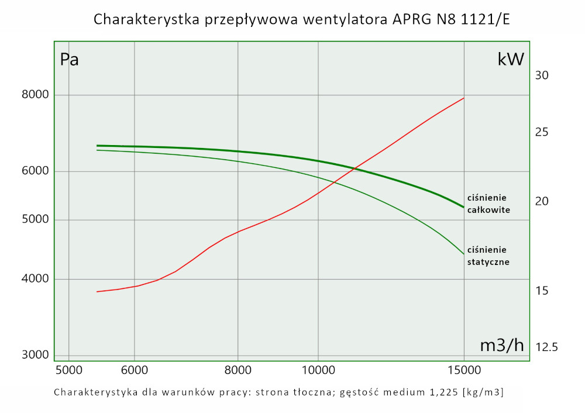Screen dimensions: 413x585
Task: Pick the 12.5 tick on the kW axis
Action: [x=546, y=347]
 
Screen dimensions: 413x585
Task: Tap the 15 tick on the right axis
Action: [x=542, y=291]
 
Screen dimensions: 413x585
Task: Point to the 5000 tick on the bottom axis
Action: [x=68, y=370]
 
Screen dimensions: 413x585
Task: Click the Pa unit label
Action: [x=70, y=60]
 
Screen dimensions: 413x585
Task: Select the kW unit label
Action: [x=511, y=59]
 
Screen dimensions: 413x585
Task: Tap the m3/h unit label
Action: [x=501, y=345]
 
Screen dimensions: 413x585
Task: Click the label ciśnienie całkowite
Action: [x=487, y=203]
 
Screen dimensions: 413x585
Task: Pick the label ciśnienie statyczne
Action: [x=488, y=256]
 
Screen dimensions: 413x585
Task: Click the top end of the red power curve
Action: [x=464, y=98]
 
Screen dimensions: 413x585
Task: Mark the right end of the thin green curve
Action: [x=464, y=254]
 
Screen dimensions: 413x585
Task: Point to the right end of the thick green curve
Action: [x=464, y=207]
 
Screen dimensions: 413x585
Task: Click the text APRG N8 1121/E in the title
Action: [x=449, y=19]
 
